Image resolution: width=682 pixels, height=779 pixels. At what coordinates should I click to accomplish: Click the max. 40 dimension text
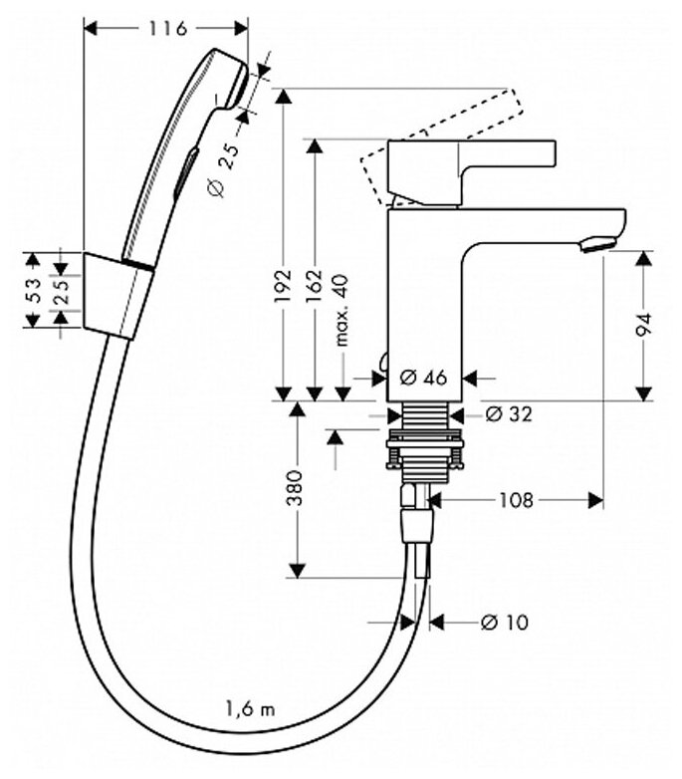coord(342,310)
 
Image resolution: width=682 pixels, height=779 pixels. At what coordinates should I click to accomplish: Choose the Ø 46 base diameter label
coord(423,377)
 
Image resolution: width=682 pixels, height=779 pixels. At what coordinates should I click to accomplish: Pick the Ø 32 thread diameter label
coord(509,414)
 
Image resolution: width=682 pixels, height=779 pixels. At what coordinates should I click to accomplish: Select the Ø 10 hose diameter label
coord(504,623)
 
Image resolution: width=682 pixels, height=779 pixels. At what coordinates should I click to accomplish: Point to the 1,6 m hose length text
coord(250,709)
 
